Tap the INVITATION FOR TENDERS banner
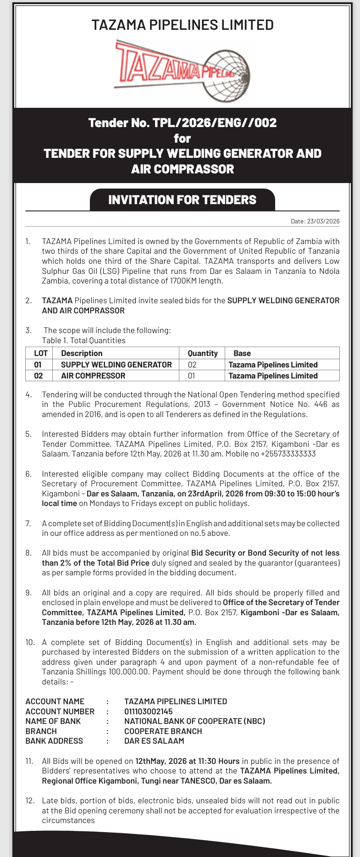coord(182,200)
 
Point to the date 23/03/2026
coord(323,221)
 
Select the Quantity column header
coord(203,353)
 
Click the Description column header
coord(82,353)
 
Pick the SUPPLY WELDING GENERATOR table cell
coord(116,365)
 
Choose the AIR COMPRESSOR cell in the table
coord(93,376)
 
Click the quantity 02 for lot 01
coord(192,365)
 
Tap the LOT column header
coord(41,353)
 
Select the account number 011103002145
coord(148,711)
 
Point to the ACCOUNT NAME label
coord(55,701)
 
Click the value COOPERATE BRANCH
coord(163,731)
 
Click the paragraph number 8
coord(28,553)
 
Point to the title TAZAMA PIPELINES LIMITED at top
coord(182,25)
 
